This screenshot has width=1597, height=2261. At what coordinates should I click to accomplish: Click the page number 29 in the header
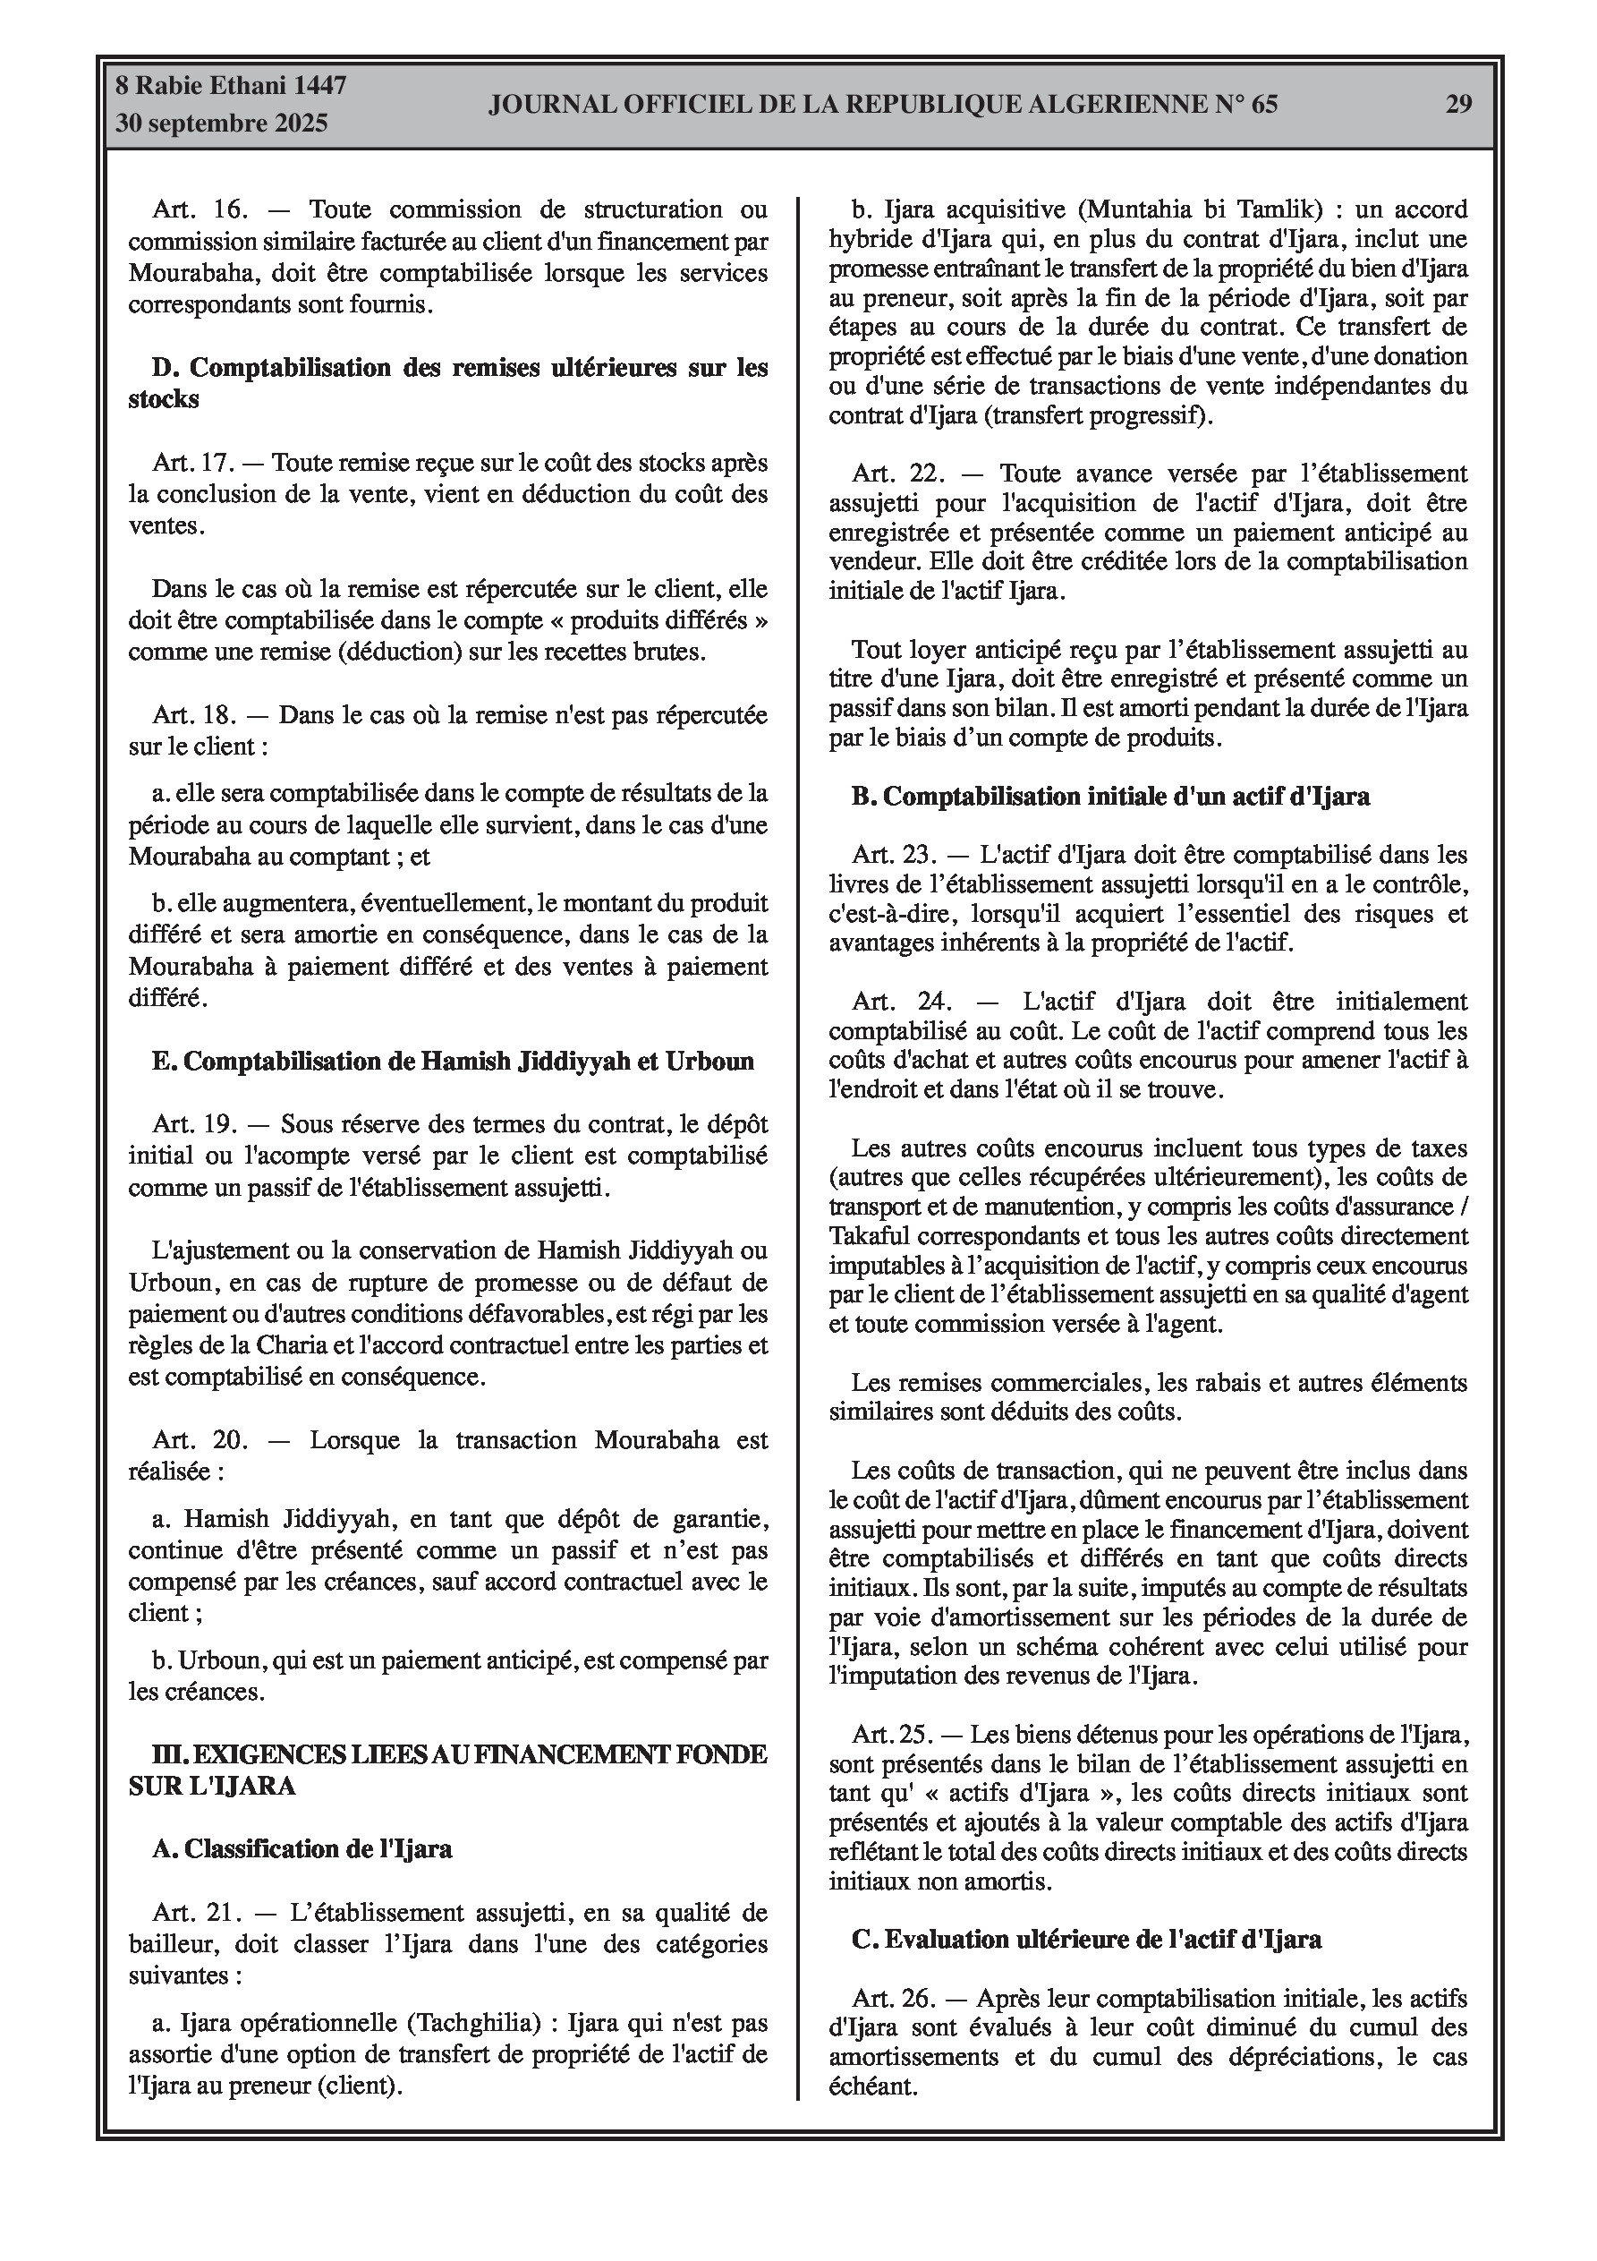[x=1458, y=105]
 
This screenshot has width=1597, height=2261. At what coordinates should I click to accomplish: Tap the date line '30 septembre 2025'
[x=222, y=124]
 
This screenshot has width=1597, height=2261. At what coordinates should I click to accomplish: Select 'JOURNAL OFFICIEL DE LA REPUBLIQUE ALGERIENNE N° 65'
[x=882, y=105]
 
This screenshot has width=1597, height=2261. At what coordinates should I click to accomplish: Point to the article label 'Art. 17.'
[x=194, y=463]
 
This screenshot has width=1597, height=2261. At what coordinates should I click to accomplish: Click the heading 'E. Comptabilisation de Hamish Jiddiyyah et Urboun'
[x=453, y=1061]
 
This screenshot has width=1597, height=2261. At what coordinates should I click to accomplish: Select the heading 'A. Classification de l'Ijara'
[x=302, y=1848]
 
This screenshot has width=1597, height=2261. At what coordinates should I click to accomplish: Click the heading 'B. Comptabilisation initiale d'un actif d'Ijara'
[x=1109, y=796]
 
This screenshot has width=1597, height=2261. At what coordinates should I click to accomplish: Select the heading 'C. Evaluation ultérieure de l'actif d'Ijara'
[x=1086, y=1940]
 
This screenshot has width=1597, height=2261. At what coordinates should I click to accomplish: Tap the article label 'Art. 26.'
[x=894, y=1999]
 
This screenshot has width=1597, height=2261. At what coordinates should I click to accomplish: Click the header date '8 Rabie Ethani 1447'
[x=232, y=86]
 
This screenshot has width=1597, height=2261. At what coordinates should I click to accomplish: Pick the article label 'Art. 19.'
[x=195, y=1124]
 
